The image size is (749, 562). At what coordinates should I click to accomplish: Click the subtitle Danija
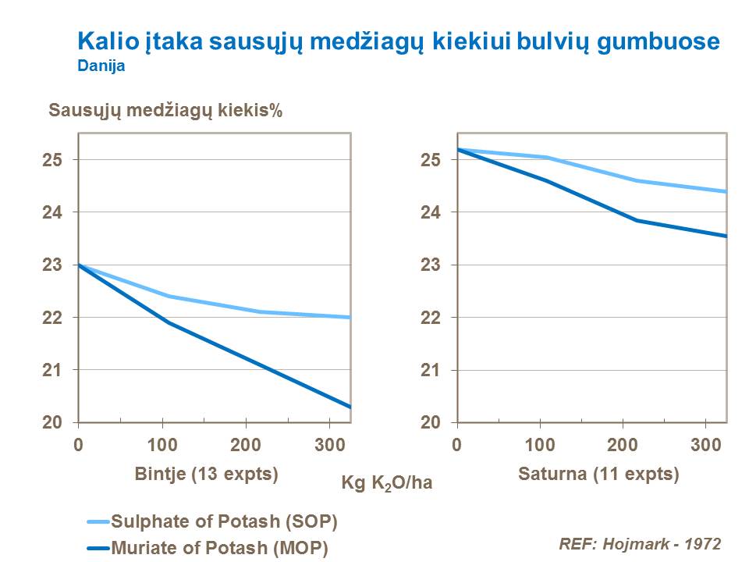click(x=101, y=67)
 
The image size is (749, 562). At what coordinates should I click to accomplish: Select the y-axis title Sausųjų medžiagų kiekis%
click(x=165, y=110)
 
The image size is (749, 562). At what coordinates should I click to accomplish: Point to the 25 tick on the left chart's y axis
click(x=52, y=160)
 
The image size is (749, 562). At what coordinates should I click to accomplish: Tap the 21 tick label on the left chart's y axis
click(x=52, y=370)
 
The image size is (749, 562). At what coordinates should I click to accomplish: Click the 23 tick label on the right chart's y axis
click(x=431, y=265)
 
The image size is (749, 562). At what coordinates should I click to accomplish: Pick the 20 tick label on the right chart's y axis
click(x=431, y=422)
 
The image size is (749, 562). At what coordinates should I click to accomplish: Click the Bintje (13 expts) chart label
click(x=207, y=474)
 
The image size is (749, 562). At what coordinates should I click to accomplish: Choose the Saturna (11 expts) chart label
click(x=598, y=474)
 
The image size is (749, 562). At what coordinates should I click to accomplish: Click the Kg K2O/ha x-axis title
click(x=387, y=483)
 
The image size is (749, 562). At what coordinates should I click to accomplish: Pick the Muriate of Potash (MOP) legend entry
click(x=219, y=547)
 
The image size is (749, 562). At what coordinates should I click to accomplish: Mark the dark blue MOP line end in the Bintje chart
click(x=349, y=406)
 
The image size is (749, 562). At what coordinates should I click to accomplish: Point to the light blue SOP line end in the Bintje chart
click(x=349, y=318)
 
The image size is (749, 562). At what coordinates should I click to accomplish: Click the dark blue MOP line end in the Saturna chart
click(x=725, y=236)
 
